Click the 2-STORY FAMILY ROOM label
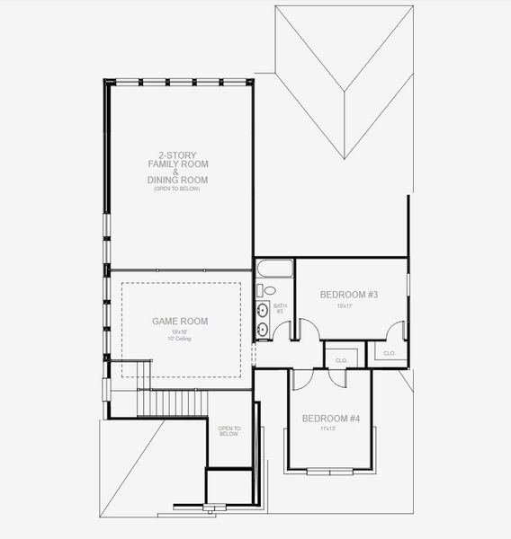click(x=177, y=160)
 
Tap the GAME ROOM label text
click(x=179, y=321)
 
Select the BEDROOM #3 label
click(x=348, y=295)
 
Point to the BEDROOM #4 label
click(x=329, y=419)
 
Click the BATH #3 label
click(x=279, y=308)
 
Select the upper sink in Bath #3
click(x=263, y=311)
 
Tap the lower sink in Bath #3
click(x=263, y=329)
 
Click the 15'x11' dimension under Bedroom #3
click(x=345, y=306)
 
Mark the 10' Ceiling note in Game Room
click(x=179, y=339)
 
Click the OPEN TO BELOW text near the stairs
click(x=229, y=432)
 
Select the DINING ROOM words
click(x=177, y=181)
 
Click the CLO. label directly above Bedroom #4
click(x=341, y=360)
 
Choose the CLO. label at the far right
click(x=389, y=353)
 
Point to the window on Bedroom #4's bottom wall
click(x=329, y=471)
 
